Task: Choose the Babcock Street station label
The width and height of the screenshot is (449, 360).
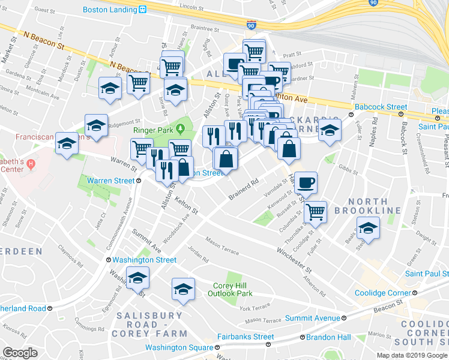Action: [x=381, y=107]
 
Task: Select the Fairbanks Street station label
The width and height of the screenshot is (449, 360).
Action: [x=246, y=337]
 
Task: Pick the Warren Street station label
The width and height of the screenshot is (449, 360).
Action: [x=111, y=180]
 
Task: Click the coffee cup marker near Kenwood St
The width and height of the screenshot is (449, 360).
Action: [x=306, y=183]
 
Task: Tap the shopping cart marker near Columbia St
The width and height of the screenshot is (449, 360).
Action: [x=315, y=212]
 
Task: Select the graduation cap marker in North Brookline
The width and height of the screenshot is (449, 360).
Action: [x=367, y=229]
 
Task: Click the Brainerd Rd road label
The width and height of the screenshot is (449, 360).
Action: [x=243, y=188]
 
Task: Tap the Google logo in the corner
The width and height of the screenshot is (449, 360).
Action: [x=20, y=353]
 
